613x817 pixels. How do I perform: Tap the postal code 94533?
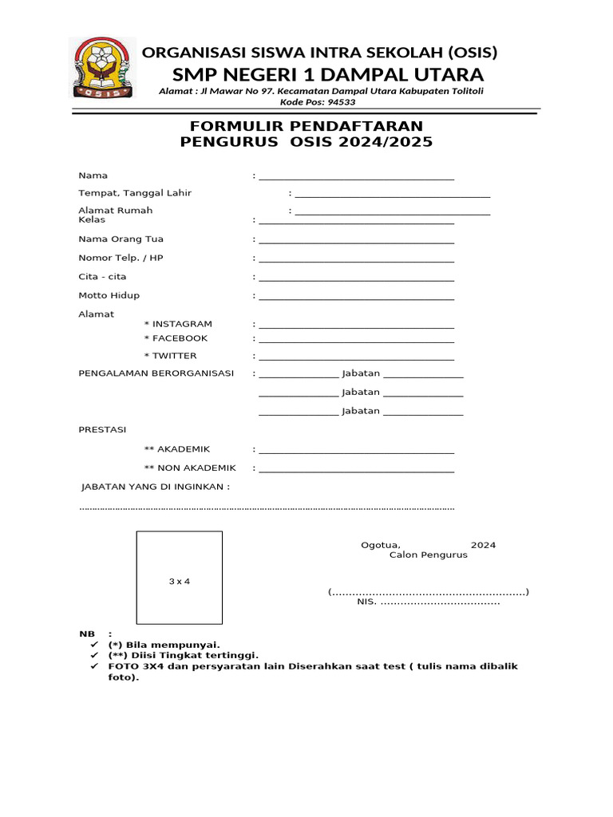(x=339, y=102)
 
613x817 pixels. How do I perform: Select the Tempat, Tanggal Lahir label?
(x=135, y=193)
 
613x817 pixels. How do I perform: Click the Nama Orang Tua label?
(x=121, y=239)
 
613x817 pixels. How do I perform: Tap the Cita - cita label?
(x=102, y=276)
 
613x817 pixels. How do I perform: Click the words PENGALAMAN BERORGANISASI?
(x=156, y=373)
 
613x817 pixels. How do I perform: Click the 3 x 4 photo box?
(x=179, y=578)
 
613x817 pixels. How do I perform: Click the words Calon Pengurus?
(x=429, y=555)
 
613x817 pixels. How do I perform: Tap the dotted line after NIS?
(x=440, y=603)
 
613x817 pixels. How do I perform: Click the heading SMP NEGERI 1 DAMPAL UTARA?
(x=327, y=75)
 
